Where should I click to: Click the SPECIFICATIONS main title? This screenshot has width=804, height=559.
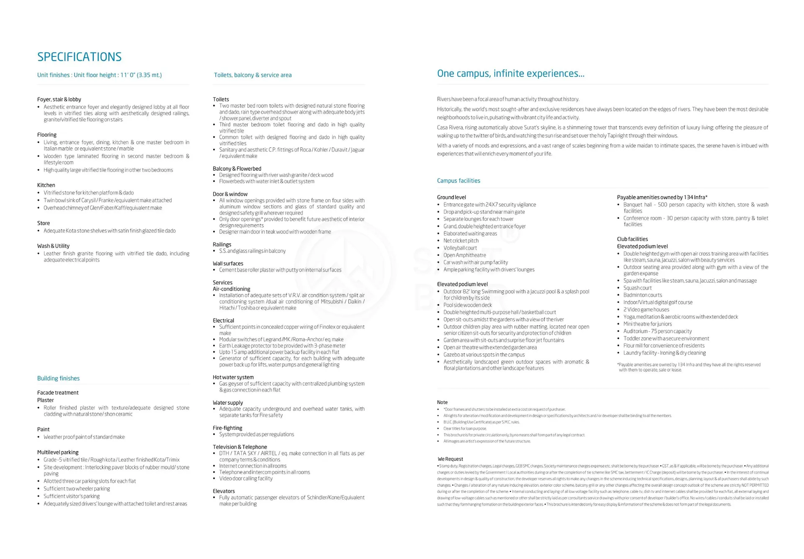pos(80,57)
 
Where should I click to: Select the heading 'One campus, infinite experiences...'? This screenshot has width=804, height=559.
pos(510,74)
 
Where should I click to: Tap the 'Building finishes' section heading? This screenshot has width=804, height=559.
pos(58,378)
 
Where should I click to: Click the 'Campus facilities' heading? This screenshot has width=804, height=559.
pos(459,181)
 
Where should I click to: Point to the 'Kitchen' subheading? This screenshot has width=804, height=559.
pos(46,185)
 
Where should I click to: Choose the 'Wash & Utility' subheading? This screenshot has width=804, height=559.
pos(53,246)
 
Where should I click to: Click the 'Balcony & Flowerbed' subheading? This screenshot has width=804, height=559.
pos(237,169)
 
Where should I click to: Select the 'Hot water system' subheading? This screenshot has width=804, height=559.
pos(233,377)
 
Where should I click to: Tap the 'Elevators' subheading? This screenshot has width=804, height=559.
pos(224,491)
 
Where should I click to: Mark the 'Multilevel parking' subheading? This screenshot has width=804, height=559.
pos(58,452)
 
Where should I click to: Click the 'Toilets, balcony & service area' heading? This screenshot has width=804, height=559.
pos(253,75)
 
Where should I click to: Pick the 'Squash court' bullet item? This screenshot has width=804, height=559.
pos(637,288)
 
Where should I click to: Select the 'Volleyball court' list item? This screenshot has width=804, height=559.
pos(460,248)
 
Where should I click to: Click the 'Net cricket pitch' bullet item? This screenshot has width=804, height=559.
pos(461,241)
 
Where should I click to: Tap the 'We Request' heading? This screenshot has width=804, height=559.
pos(450,459)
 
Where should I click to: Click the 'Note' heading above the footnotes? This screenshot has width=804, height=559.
pos(442,402)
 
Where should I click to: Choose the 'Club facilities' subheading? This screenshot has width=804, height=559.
pos(632,239)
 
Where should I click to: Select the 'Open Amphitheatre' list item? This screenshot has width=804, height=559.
pos(464,255)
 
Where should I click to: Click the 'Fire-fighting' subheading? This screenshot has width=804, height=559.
pos(227,428)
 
